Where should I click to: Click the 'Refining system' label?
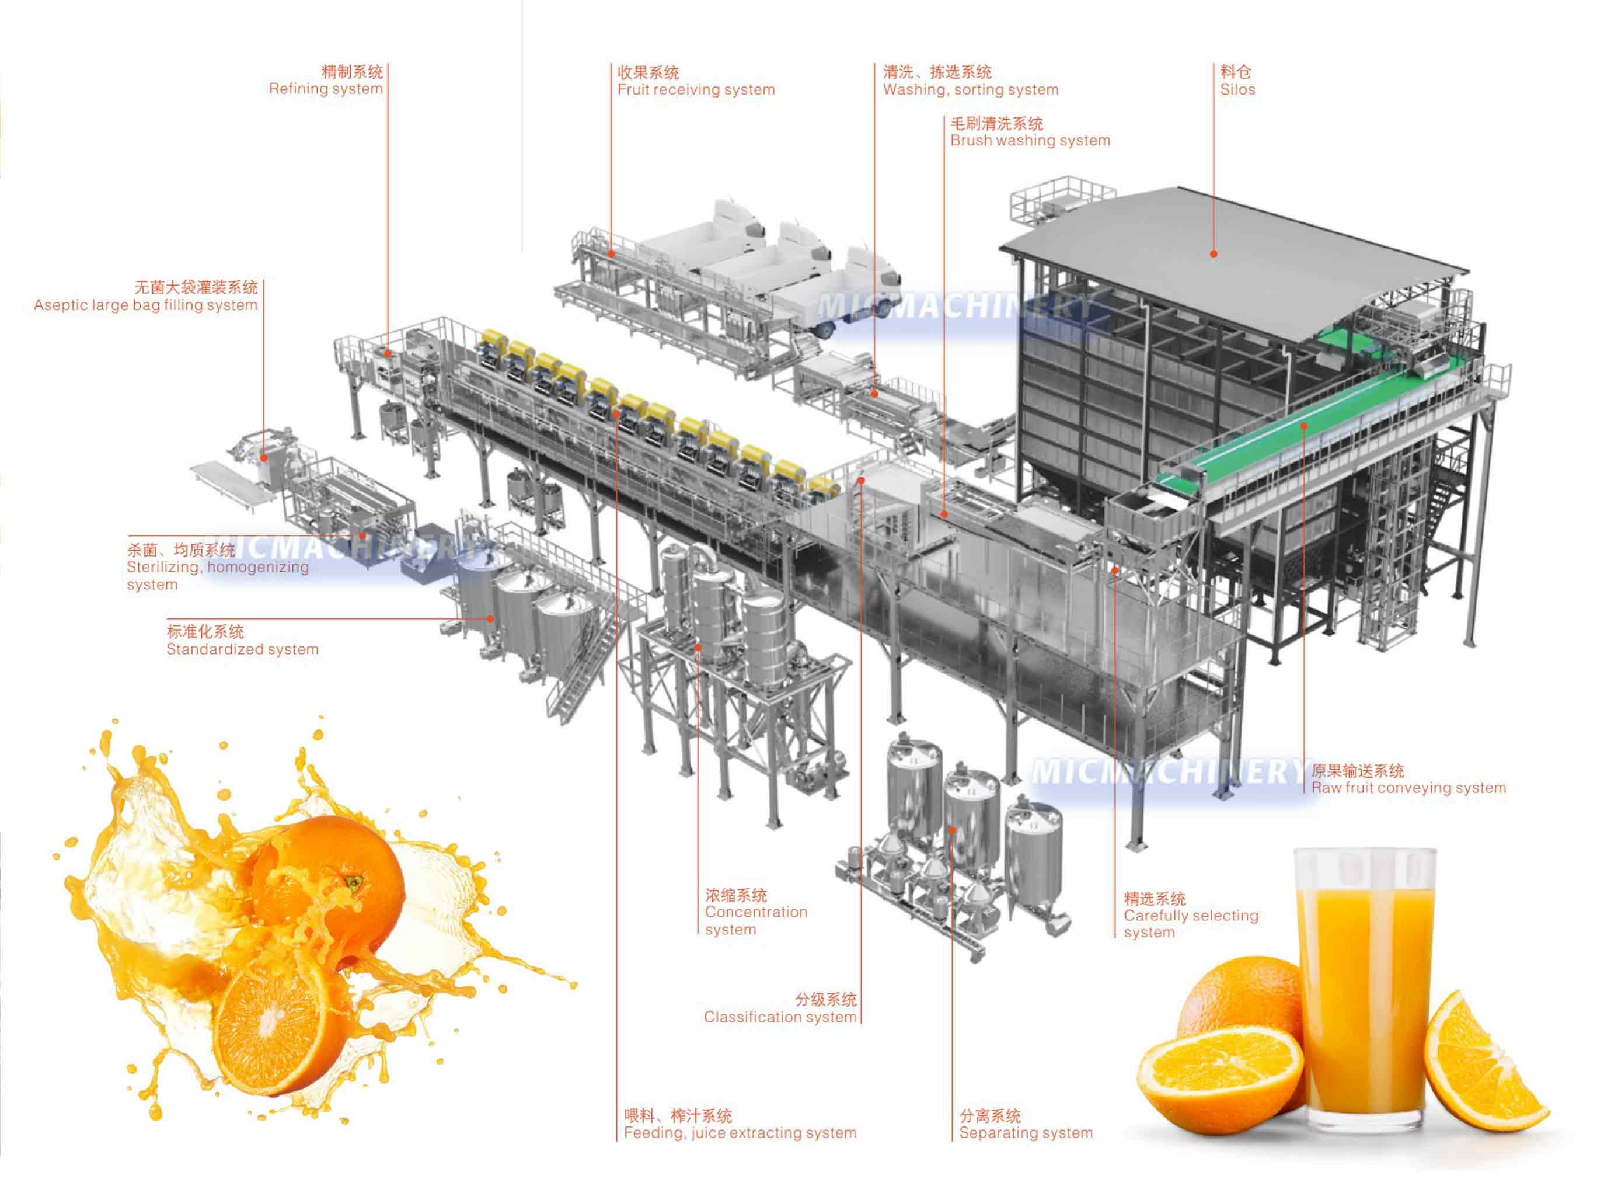click(x=326, y=89)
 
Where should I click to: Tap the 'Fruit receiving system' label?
click(x=696, y=90)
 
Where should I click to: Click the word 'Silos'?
click(x=1238, y=90)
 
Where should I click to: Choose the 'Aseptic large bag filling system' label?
click(x=146, y=305)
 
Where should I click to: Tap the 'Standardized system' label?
click(x=243, y=649)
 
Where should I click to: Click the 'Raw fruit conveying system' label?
click(x=1409, y=788)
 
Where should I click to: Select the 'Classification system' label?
click(x=780, y=1017)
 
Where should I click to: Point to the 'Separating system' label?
click(x=1026, y=1132)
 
